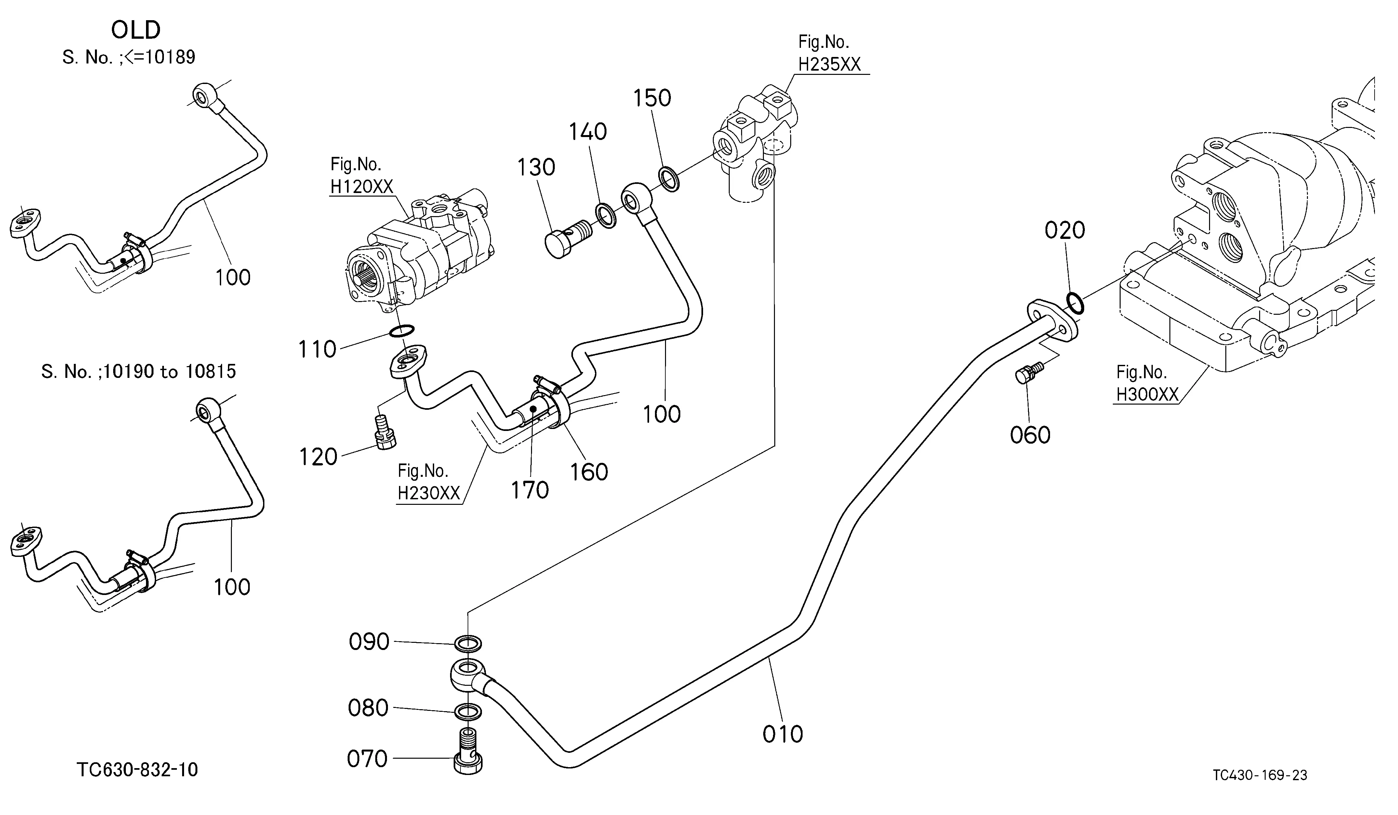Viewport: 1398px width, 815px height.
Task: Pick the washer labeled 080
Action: (x=468, y=711)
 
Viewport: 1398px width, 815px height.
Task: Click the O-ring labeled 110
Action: (x=402, y=331)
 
